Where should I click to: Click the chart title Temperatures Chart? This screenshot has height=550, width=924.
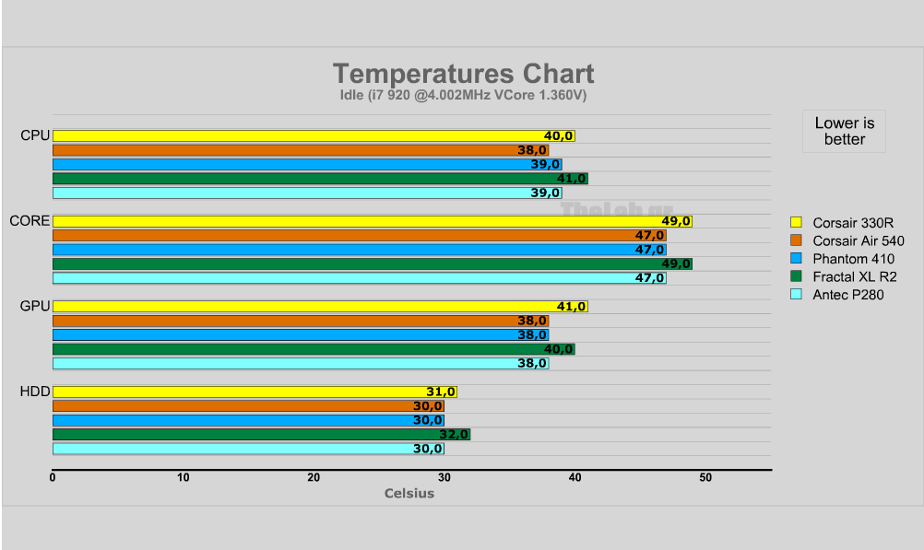[x=463, y=74]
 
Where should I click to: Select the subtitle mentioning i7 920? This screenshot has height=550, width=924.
[x=463, y=95]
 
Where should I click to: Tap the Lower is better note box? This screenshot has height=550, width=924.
[x=844, y=131]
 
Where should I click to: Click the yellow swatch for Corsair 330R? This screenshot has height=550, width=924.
[x=797, y=222]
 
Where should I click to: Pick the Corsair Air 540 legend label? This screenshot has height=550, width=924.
[x=858, y=240]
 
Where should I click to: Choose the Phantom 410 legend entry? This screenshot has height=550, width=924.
[x=853, y=259]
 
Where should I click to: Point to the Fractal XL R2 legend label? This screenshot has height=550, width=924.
[x=855, y=276]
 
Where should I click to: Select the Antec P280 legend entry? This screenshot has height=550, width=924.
[x=848, y=295]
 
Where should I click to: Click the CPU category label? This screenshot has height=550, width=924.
[x=35, y=136]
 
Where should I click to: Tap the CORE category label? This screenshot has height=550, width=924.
[x=30, y=221]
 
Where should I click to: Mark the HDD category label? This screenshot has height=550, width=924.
[x=35, y=392]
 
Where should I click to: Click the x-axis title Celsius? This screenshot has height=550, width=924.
[x=409, y=493]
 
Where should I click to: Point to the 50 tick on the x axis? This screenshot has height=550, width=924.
[x=705, y=477]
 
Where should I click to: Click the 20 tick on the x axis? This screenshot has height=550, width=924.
[x=314, y=477]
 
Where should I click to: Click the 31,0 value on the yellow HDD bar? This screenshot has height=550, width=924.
[x=440, y=392]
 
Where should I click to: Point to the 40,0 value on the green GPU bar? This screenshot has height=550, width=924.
[x=558, y=349]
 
